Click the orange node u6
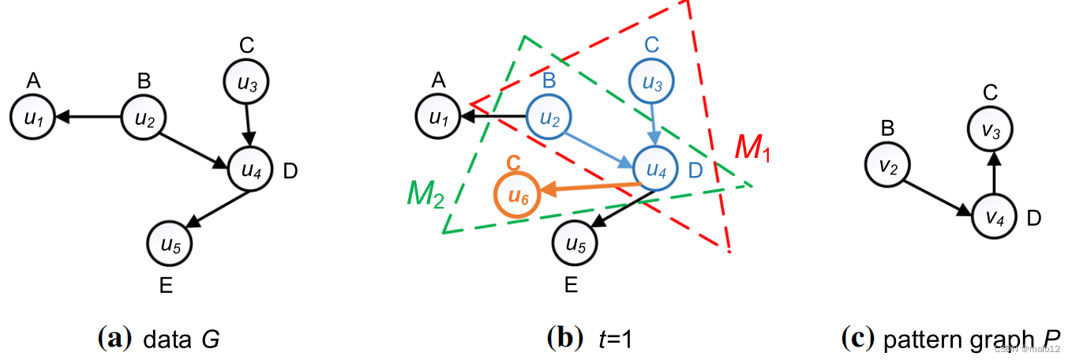(x=517, y=194)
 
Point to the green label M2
(x=425, y=192)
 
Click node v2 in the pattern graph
(x=886, y=165)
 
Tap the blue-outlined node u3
(x=651, y=82)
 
